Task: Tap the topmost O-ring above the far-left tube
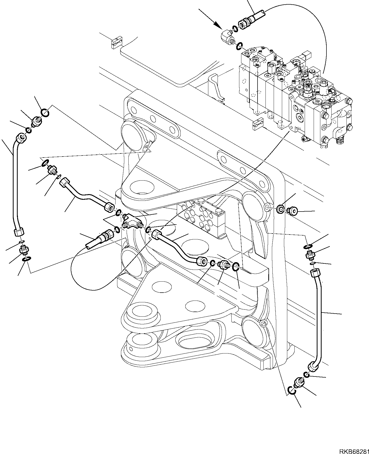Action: (x=45, y=113)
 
